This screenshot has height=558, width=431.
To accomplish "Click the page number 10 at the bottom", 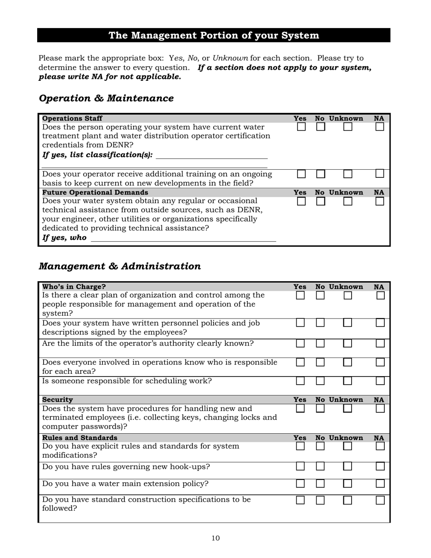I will pos(215,538).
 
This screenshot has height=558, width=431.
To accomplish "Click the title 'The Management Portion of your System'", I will pos(214,35).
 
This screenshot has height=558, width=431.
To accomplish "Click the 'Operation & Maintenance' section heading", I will pos(106,98).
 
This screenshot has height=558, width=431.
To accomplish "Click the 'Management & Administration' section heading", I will pos(120,266).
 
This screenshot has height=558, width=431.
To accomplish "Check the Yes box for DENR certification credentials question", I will pos(301,127).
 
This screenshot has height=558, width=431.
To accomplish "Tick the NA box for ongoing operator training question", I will pos(380,173).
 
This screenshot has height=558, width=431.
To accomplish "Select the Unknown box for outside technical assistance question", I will pos(348,201).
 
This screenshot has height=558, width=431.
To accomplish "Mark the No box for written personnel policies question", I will pos(320,323).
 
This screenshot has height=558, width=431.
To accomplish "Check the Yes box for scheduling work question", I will pos(300,381).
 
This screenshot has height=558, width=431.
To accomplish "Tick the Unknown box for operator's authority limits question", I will pos(348,343).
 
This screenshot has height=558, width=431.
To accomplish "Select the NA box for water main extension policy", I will pos(380,484).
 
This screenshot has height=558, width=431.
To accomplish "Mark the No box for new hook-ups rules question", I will pos(320,466).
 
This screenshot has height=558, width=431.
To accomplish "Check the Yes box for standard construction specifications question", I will pos(300,500).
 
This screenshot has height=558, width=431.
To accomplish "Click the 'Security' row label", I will pos(58,400).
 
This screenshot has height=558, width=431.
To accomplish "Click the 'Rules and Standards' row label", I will pos(79,438).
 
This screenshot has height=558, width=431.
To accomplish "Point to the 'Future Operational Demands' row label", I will pos(95,192).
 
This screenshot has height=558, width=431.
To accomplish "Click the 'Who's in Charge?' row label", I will pos(74,287).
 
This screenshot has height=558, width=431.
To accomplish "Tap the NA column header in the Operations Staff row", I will pos(379,118).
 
